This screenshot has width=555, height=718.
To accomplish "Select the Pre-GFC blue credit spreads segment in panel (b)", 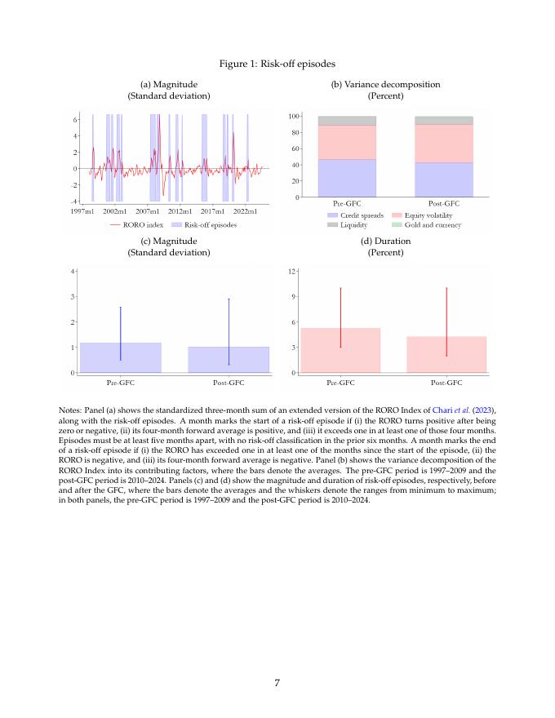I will tap(347, 178).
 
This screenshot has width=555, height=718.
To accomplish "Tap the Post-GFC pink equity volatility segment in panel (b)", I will tap(443, 143).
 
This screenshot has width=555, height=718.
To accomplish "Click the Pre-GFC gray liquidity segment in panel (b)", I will tap(347, 121).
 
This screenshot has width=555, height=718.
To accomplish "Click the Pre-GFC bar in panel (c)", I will tap(120, 359).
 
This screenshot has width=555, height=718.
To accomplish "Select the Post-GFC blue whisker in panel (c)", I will tap(229, 326).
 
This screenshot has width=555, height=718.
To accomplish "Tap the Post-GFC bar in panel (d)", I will tap(446, 356).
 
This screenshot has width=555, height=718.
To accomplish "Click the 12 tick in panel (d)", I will tap(292, 270).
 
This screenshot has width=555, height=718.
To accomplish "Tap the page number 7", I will tap(277, 683).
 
